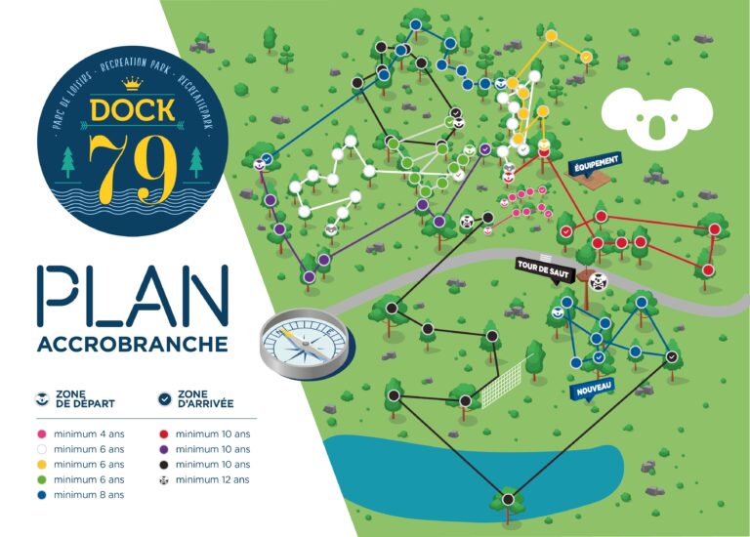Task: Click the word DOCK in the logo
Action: click(131, 107)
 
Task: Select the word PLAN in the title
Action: click(133, 299)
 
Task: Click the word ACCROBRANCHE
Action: click(132, 345)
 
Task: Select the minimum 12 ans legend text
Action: click(212, 479)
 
